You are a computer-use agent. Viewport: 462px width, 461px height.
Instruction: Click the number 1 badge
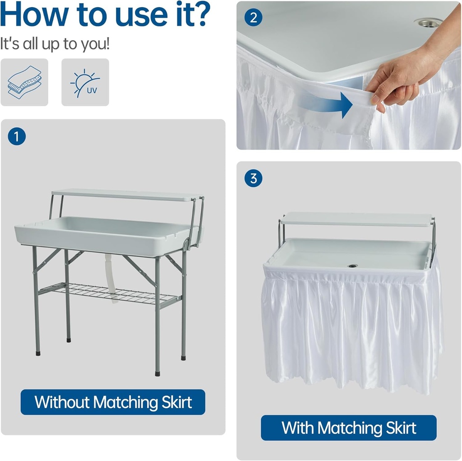point(17,136)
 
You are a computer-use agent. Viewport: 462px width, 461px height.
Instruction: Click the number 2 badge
point(253,18)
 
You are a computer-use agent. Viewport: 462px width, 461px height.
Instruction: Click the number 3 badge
point(253,178)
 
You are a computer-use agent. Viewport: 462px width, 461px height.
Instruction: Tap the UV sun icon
point(85,83)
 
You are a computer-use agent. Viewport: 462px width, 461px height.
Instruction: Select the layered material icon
point(24,83)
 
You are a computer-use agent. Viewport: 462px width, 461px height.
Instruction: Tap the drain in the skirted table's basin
point(353,265)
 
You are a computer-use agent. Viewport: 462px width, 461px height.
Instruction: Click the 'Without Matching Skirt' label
point(113,402)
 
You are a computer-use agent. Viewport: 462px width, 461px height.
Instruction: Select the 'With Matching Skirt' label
point(348,428)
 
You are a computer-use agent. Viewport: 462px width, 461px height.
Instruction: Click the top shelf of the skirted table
point(356,219)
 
